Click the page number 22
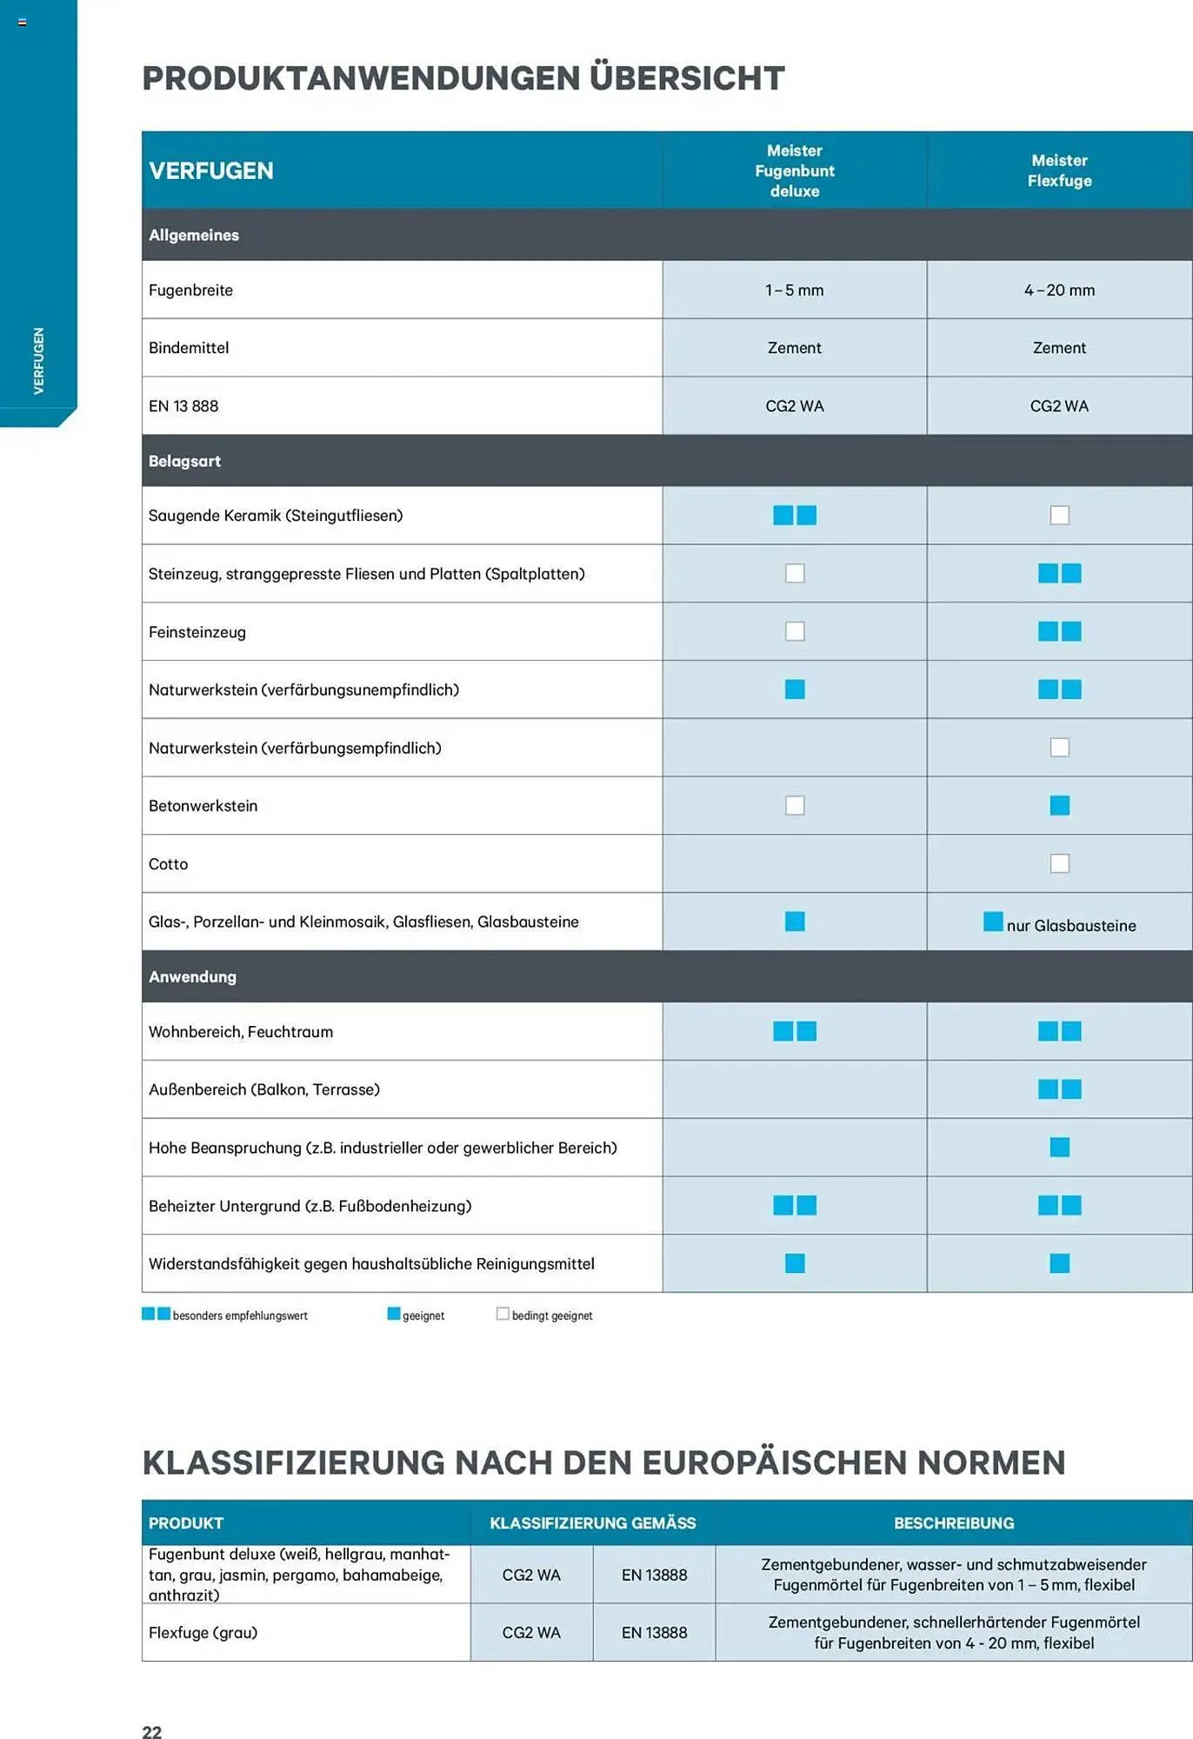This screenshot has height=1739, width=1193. (151, 1731)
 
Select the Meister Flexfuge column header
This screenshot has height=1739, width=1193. (1059, 170)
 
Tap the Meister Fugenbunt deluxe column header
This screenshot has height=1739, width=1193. (794, 170)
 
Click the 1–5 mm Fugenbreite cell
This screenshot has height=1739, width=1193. (794, 290)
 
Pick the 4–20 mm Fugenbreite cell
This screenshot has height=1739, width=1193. (1059, 290)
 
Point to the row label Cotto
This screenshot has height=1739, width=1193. (168, 864)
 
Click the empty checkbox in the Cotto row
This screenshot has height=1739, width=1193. (1059, 863)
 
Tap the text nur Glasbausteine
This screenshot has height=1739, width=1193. (1070, 926)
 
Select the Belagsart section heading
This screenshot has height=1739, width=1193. (184, 461)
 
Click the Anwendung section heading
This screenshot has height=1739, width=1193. (192, 976)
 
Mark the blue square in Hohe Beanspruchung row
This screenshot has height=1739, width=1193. (1059, 1147)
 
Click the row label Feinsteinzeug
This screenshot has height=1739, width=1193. (197, 632)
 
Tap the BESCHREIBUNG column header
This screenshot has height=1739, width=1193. (953, 1522)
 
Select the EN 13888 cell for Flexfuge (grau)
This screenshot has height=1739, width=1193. (654, 1632)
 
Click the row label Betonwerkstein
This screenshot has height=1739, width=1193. (203, 806)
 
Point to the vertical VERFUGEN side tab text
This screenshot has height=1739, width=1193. (38, 360)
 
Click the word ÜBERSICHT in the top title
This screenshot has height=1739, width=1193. (687, 78)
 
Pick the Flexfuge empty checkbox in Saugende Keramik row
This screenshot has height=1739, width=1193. (1059, 516)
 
